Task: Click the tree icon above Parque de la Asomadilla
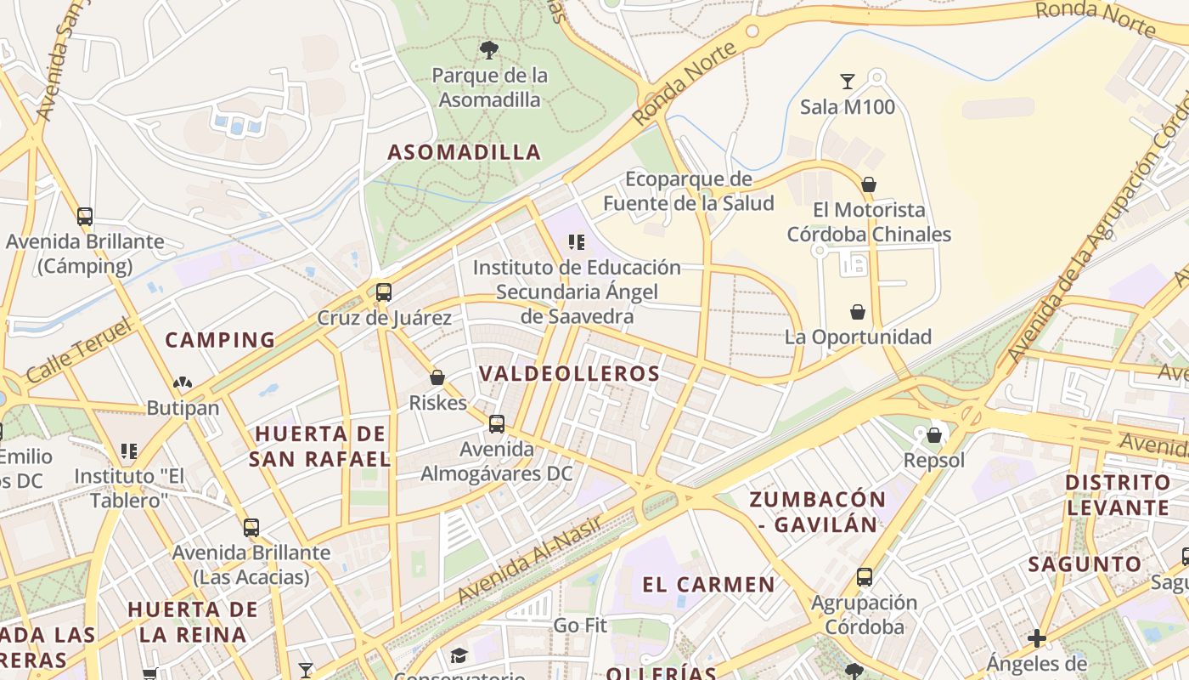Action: (x=488, y=50)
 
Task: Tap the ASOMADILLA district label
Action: (x=465, y=152)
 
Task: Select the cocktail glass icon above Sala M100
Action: (x=848, y=82)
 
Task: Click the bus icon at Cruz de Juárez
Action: (x=384, y=292)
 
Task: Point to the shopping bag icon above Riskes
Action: (x=437, y=377)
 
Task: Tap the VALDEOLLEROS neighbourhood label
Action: (x=569, y=374)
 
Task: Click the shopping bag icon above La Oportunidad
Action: (x=858, y=312)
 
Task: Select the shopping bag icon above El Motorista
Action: (x=869, y=184)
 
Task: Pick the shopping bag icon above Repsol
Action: (x=934, y=435)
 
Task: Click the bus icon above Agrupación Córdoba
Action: (x=865, y=577)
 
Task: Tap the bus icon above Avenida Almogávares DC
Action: (x=497, y=423)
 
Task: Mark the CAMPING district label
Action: (x=220, y=340)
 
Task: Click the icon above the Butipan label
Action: (x=183, y=383)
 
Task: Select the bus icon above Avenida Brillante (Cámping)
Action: (x=85, y=217)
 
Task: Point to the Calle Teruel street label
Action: (x=79, y=350)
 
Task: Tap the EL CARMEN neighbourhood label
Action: (x=708, y=585)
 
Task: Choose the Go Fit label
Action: (x=580, y=626)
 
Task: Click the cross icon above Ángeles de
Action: (x=1036, y=637)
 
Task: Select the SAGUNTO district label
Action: (x=1085, y=564)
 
